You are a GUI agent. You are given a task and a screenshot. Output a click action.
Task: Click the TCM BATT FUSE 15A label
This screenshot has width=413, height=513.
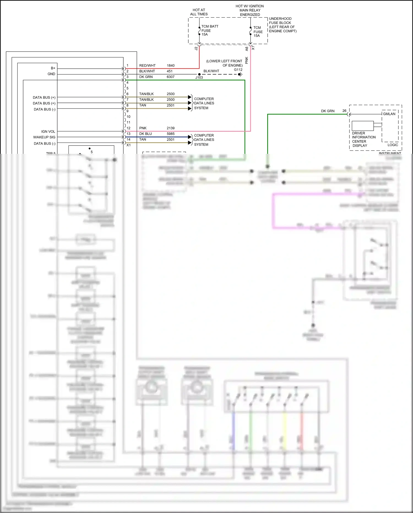coord(210,30)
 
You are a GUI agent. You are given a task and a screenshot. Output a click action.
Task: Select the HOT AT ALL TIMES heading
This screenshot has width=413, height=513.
coord(199,12)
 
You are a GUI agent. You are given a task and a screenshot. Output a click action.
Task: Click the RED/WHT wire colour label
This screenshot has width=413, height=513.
coord(147,66)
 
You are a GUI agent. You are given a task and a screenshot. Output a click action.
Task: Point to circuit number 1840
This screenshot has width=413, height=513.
coord(171,66)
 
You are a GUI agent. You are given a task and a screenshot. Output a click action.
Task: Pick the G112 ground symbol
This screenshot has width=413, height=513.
coord(240,74)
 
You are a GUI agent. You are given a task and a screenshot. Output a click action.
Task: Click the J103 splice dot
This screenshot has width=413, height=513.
coord(199,74)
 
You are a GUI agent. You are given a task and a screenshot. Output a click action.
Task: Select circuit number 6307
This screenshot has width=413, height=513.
coord(171,77)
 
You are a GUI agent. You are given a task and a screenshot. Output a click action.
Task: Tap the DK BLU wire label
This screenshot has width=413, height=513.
coord(145,134)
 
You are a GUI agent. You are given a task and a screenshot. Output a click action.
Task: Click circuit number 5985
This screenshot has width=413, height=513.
coord(171,134)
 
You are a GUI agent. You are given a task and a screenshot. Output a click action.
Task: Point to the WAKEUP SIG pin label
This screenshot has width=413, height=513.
coord(44,137)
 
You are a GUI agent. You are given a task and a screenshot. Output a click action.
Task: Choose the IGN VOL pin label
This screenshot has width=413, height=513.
coord(48,131)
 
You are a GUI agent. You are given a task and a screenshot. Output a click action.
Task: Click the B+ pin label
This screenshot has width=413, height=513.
coord(53,68)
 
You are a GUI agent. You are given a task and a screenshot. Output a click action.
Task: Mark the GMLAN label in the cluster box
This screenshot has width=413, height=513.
coord(389,114)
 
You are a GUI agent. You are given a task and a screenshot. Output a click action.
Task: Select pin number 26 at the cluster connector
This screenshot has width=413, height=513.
coord(344,111)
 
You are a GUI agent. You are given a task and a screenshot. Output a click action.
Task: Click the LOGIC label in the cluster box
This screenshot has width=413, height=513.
coord(393,145)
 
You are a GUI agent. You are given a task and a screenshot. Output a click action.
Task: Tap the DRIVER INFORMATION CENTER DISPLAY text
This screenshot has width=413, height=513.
coord(363,139)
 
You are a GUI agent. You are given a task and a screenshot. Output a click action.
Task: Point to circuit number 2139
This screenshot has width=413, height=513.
coord(171,128)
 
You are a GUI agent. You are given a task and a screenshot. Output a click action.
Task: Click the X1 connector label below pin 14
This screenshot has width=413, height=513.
coord(129,145)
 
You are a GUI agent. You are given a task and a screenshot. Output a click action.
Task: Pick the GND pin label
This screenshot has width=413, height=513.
coord(51,74)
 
